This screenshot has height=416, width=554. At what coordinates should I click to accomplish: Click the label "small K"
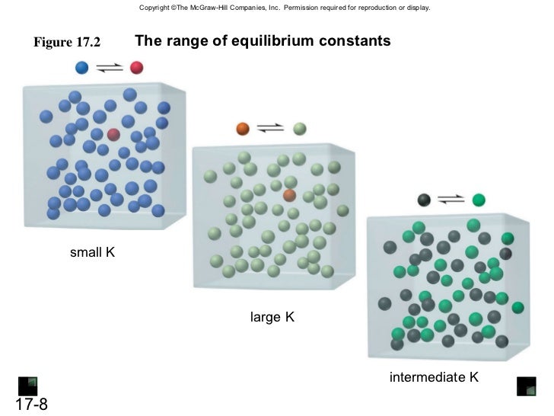point(92,251)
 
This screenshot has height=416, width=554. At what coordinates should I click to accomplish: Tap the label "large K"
point(272,316)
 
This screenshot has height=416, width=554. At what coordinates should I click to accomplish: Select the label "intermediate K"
point(434,376)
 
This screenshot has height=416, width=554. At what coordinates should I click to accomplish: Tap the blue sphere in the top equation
point(82,67)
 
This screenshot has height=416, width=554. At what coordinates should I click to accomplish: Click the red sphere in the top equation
point(137,67)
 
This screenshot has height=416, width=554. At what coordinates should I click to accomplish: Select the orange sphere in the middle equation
point(243,128)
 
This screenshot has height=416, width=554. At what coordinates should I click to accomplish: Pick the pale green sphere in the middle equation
point(300,128)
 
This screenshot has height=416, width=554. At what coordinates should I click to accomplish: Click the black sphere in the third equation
point(425,200)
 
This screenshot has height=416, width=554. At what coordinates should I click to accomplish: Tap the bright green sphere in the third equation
point(478,200)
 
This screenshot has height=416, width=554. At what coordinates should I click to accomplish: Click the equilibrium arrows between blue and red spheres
point(110,68)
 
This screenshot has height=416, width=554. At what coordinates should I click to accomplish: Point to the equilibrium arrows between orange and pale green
point(272,128)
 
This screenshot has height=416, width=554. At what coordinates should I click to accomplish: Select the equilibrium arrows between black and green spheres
point(451,200)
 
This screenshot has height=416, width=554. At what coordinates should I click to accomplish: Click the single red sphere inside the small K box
point(113,135)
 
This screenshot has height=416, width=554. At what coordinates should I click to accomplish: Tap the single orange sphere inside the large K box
point(289,195)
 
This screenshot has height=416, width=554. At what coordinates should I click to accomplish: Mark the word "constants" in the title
point(356,40)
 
